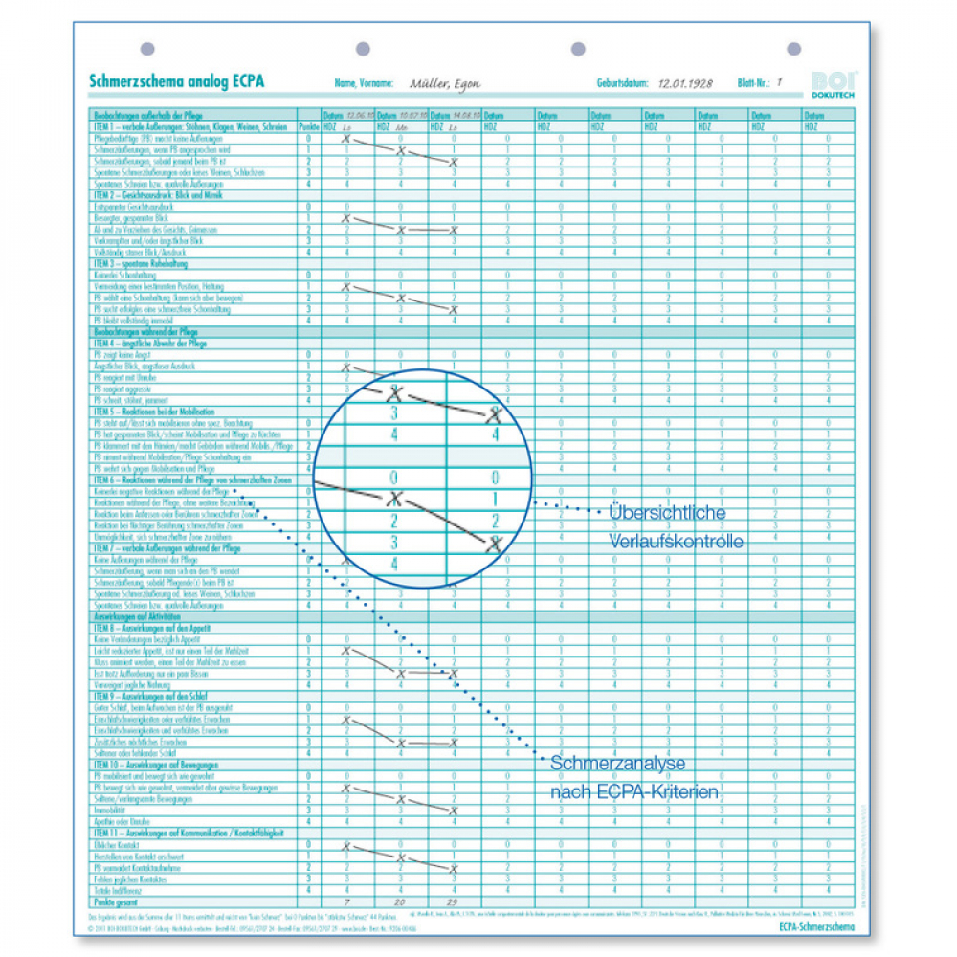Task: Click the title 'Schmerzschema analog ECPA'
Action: [176, 82]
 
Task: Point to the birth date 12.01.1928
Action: [685, 84]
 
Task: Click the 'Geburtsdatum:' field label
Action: [622, 84]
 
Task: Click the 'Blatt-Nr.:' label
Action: [753, 84]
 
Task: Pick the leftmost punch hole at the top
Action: [146, 49]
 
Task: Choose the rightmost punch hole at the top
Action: [793, 49]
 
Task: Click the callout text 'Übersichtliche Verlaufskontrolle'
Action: [676, 527]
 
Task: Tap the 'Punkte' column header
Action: [308, 126]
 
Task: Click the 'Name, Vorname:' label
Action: [364, 84]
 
